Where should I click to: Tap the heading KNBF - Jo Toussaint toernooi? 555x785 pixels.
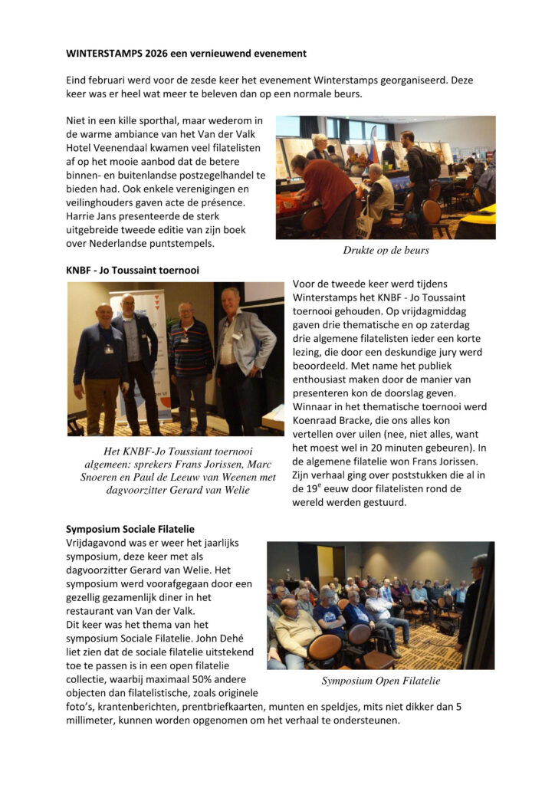(126, 271)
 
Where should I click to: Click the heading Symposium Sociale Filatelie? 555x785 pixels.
(130, 529)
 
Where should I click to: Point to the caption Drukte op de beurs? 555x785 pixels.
(386, 251)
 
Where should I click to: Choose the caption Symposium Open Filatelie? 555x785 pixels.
(381, 681)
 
